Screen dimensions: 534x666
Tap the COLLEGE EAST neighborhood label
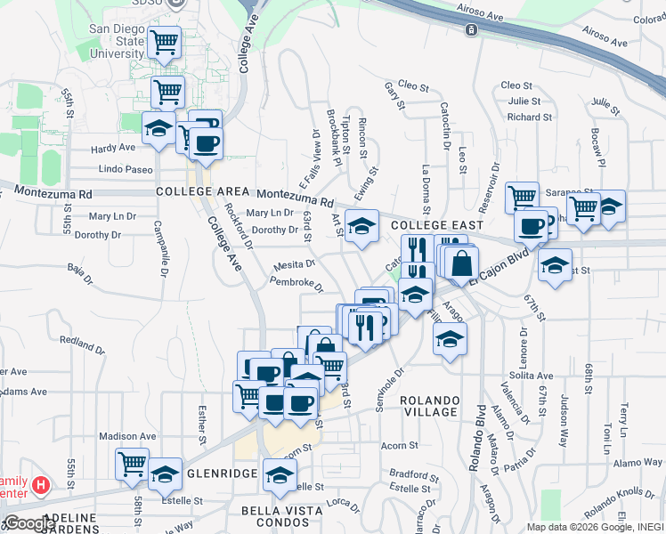pos(436,226)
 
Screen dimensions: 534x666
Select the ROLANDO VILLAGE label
pos(429,406)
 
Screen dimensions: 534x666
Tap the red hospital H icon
pos(40,487)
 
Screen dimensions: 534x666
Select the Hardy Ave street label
pos(112,148)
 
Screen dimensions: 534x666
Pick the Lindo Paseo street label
pos(126,169)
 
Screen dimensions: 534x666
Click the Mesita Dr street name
pos(294,264)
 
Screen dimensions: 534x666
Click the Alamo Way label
pos(638,463)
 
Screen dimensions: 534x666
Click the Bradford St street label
pos(409,473)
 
